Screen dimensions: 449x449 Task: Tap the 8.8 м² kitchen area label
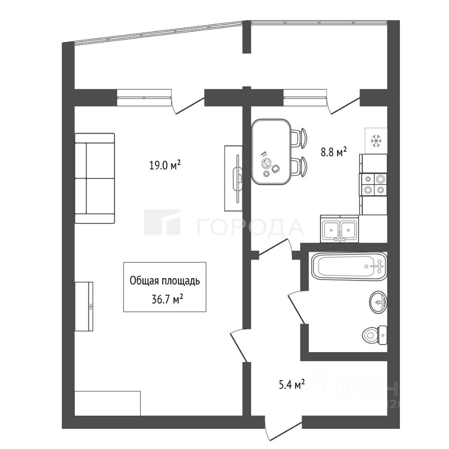(333, 151)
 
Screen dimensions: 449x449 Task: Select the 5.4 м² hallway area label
(292, 384)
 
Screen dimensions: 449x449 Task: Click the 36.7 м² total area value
(165, 299)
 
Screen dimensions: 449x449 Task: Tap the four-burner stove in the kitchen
(374, 184)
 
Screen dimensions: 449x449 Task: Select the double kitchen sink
(339, 230)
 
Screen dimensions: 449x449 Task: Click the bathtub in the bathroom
(349, 267)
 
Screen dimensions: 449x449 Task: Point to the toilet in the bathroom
(374, 334)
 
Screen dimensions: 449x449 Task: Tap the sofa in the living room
(95, 178)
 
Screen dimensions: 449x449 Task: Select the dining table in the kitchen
(271, 152)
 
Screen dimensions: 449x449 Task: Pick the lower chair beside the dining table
(299, 167)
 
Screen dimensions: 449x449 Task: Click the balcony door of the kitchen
(344, 106)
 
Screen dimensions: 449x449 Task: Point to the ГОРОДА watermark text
(250, 227)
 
